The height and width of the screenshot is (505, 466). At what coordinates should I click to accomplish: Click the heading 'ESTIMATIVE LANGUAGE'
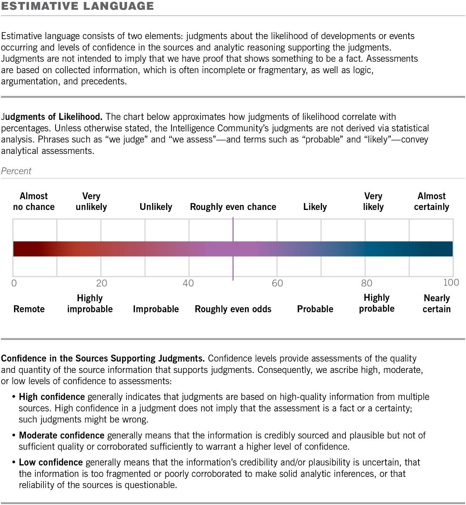coord(77,6)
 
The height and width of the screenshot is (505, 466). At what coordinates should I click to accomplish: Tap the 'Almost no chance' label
coord(34,201)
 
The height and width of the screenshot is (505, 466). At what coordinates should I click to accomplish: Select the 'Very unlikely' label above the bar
coord(91,201)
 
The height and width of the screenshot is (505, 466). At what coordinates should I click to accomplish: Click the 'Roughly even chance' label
coord(233,207)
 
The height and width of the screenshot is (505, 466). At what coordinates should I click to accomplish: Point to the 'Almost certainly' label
coord(431,201)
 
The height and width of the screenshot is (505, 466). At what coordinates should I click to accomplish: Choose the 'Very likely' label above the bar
coord(373,201)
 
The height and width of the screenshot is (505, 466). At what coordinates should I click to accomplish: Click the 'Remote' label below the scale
coord(29,309)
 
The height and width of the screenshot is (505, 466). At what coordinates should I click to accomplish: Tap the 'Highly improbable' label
coord(90,304)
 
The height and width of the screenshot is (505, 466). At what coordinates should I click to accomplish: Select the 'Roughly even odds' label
coord(233,309)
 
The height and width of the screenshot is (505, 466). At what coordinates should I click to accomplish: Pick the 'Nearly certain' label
coord(436,304)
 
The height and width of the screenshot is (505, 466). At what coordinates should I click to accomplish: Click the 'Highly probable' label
coord(376,303)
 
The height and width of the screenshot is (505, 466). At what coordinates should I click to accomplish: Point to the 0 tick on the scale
coord(14,283)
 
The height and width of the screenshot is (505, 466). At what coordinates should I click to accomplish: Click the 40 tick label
coord(188,283)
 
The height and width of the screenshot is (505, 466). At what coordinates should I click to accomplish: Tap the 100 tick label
coord(451,283)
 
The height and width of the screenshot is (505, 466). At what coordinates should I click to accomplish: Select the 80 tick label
coord(366,283)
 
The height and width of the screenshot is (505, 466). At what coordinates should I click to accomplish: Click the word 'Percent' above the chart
coord(16,171)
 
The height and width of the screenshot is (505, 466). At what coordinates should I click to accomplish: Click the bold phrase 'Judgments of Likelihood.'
coord(52,117)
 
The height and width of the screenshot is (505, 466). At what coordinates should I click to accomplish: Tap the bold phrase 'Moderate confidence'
coord(62,436)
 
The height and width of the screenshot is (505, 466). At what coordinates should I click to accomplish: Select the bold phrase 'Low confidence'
coord(50,463)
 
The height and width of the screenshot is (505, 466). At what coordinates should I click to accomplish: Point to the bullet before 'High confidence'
coord(14,397)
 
